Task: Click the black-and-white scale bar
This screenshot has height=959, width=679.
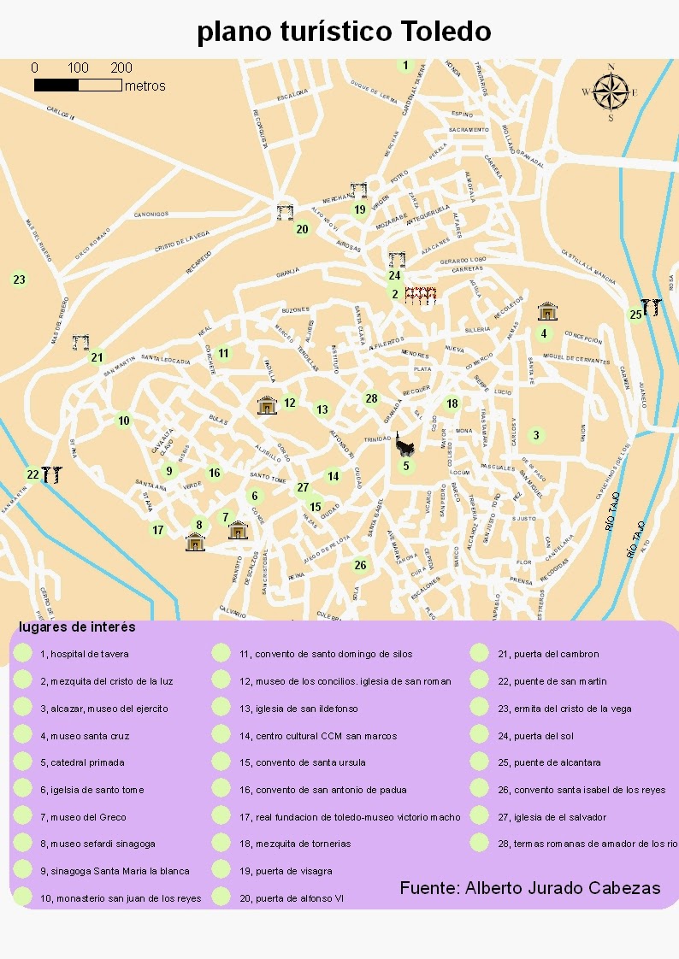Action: click(x=78, y=85)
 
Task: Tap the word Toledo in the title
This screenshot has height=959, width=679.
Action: click(x=445, y=32)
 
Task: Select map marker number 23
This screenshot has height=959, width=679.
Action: click(x=19, y=279)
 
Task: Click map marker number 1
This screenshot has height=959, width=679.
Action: click(x=406, y=65)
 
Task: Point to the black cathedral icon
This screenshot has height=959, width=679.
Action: click(x=404, y=444)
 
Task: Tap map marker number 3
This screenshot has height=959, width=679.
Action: click(x=536, y=435)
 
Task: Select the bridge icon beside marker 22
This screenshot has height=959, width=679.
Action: click(x=51, y=474)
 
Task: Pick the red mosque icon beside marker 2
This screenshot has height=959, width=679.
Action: click(x=421, y=296)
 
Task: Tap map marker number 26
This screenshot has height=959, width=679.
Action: click(x=360, y=564)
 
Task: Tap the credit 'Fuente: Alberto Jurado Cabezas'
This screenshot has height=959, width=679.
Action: click(x=529, y=888)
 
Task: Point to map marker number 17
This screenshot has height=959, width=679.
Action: click(x=157, y=530)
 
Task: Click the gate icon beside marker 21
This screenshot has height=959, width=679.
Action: click(x=81, y=343)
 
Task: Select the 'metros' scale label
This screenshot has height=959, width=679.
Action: click(x=145, y=86)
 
